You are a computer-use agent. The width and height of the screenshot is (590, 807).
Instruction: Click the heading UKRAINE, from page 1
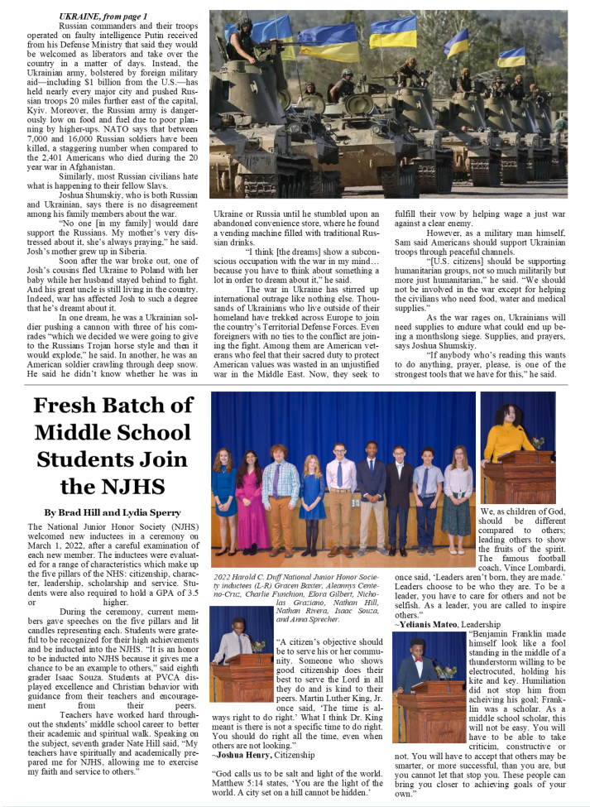(103, 17)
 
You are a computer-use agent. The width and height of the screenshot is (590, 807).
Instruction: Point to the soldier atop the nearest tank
(246, 50)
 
